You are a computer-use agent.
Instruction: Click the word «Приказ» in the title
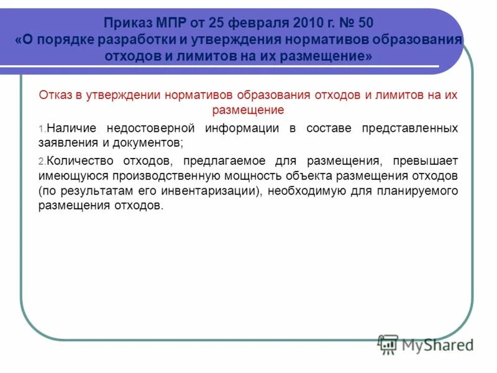(x=128, y=24)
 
